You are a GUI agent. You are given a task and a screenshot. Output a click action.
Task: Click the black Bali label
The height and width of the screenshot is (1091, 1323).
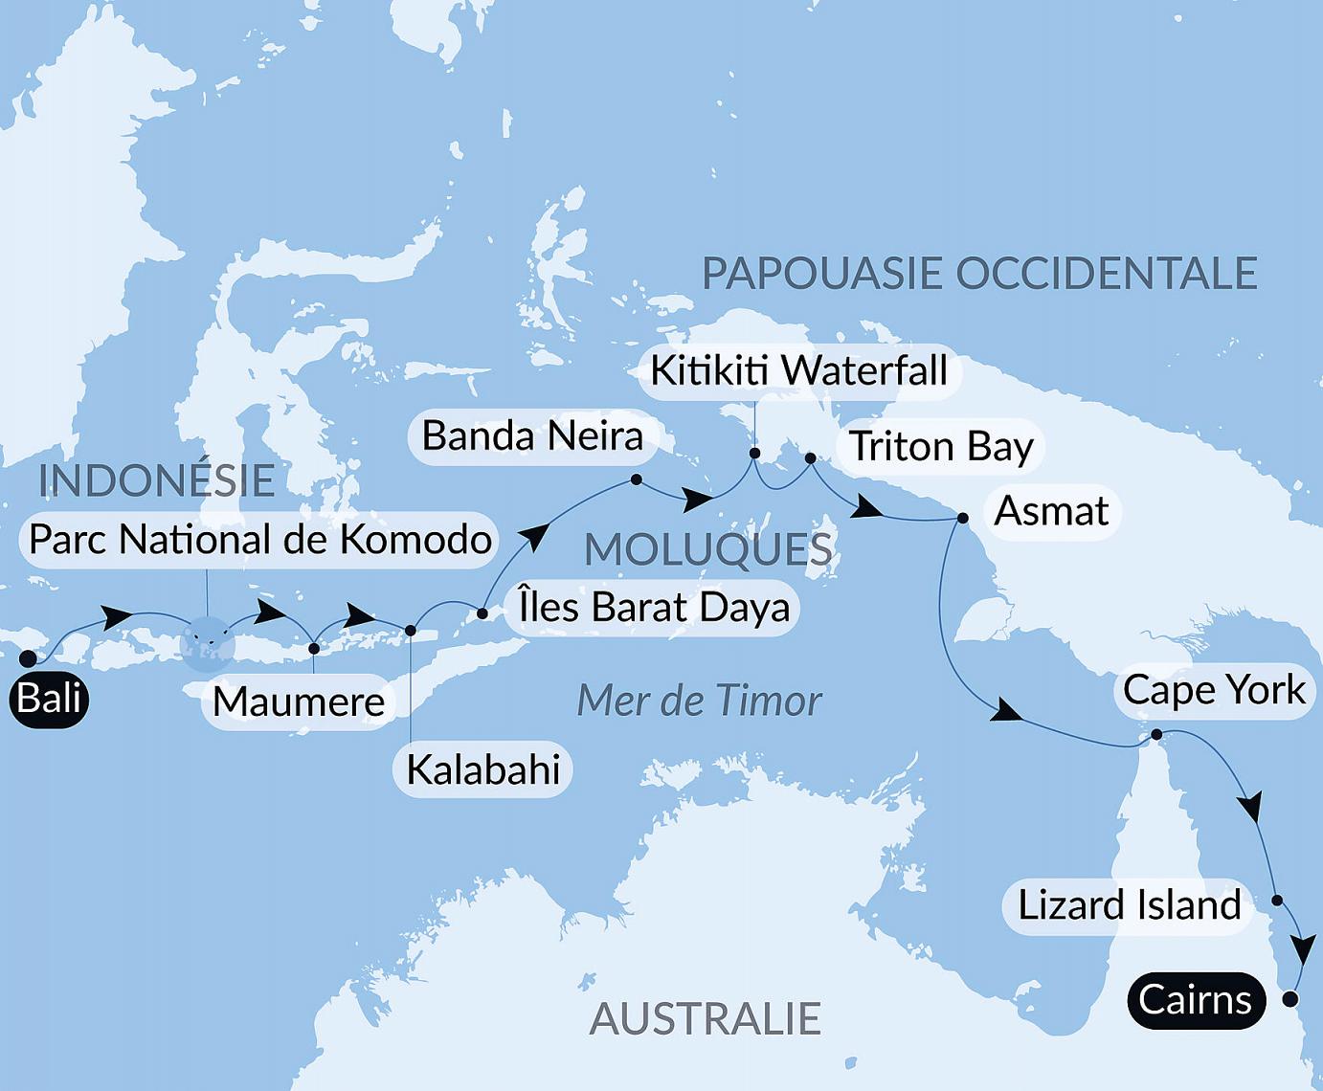50,699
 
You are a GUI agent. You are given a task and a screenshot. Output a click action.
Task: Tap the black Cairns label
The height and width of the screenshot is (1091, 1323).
1196,1001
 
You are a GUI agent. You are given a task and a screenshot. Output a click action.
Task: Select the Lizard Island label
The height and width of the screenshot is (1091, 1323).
1128,905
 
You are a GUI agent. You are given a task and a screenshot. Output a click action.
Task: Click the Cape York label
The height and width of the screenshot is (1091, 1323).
1214,690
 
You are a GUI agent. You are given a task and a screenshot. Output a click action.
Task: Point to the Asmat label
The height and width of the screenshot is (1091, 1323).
1051,511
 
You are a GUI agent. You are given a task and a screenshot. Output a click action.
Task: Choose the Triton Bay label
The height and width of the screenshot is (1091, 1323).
941,447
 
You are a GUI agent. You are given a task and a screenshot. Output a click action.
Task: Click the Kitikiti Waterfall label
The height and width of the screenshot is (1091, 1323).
798,370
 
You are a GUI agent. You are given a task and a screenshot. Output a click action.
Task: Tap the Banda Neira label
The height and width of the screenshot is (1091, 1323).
532,436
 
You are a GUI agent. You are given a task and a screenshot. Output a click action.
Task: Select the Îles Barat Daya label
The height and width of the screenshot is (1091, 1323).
654,608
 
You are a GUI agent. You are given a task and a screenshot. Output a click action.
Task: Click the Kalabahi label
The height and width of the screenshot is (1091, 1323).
482,769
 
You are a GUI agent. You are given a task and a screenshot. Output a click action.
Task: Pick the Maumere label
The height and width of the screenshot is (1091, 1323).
298,701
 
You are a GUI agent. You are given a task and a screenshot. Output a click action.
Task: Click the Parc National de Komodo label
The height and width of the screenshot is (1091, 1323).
259,540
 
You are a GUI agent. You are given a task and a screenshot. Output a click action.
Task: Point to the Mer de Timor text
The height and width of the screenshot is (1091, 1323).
699,701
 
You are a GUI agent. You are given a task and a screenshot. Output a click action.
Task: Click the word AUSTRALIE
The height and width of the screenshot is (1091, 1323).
705,1019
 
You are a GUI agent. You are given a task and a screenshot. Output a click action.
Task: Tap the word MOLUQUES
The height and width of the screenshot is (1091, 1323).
708,550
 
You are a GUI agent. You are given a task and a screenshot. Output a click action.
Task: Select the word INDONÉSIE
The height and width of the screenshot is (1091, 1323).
156,480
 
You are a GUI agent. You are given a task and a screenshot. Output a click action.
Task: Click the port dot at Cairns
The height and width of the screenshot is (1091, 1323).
1289,999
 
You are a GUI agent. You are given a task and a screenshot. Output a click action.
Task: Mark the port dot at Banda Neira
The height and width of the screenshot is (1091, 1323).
636,479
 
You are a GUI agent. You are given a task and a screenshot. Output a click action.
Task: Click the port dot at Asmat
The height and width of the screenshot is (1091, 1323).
963,519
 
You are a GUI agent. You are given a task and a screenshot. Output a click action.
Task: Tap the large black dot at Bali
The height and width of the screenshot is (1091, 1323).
28,658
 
